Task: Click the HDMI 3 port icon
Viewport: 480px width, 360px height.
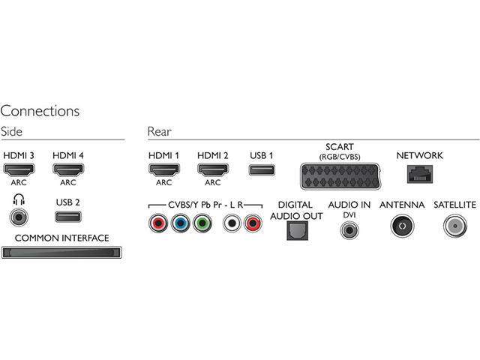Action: click(16, 170)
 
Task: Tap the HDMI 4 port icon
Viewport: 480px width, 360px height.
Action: click(66, 170)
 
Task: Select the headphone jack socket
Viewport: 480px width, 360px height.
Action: click(16, 217)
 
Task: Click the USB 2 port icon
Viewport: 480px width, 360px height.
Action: click(67, 217)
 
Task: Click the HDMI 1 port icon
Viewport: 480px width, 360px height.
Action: click(163, 170)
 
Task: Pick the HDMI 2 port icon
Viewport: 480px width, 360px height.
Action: click(212, 170)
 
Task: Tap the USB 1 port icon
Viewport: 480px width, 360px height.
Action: click(261, 170)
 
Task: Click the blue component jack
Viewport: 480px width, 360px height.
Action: click(180, 223)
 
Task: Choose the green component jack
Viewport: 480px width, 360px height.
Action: click(200, 223)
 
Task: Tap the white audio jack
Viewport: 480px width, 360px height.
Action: click(232, 223)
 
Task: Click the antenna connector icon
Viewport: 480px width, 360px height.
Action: click(401, 225)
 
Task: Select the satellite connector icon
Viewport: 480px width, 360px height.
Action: click(455, 225)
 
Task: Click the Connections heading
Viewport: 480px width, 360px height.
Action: click(40, 111)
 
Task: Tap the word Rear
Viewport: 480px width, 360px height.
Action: click(159, 132)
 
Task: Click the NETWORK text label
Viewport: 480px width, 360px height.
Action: click(419, 155)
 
